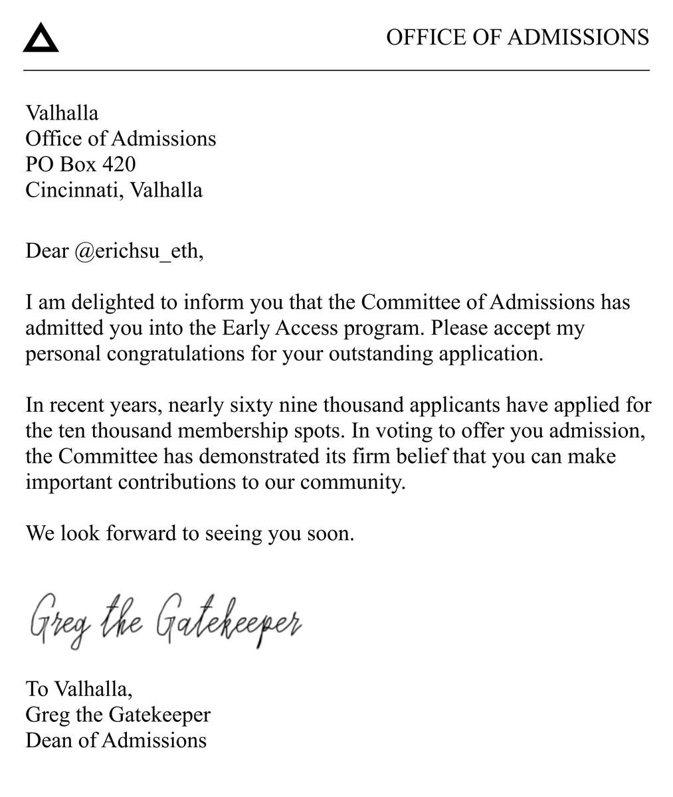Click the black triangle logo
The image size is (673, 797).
[41, 39]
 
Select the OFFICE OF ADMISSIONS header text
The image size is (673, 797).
[517, 37]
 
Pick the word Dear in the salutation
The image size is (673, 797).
[47, 251]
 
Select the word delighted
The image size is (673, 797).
[114, 303]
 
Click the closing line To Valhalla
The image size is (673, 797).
[78, 689]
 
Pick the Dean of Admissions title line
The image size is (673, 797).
[116, 740]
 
